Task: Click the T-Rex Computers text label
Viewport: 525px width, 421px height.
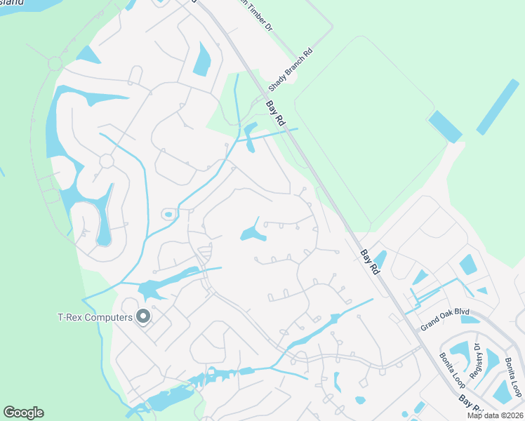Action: (x=95, y=317)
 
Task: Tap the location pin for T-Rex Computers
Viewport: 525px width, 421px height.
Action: (x=143, y=317)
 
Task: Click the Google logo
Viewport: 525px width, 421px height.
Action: (x=23, y=413)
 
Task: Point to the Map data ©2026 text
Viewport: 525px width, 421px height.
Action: (x=496, y=415)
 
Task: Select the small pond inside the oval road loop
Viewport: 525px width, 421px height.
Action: (x=168, y=214)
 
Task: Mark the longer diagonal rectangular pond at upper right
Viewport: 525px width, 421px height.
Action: (x=498, y=107)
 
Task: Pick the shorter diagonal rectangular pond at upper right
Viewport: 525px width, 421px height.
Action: (x=445, y=126)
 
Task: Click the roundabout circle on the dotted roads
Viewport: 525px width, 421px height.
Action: (x=55, y=64)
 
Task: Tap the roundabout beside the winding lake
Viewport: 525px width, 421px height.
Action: (x=107, y=161)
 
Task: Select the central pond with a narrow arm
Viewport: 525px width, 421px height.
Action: (x=253, y=233)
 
